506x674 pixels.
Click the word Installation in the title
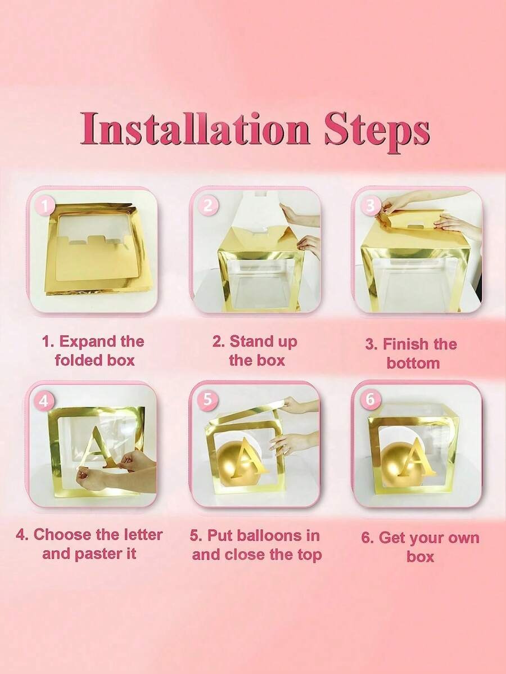(195, 128)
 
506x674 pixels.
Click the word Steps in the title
(377, 131)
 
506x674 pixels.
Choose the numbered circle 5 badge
(207, 400)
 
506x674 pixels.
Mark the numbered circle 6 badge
(370, 400)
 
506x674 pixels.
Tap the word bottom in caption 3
(413, 363)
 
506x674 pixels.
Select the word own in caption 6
(462, 538)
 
